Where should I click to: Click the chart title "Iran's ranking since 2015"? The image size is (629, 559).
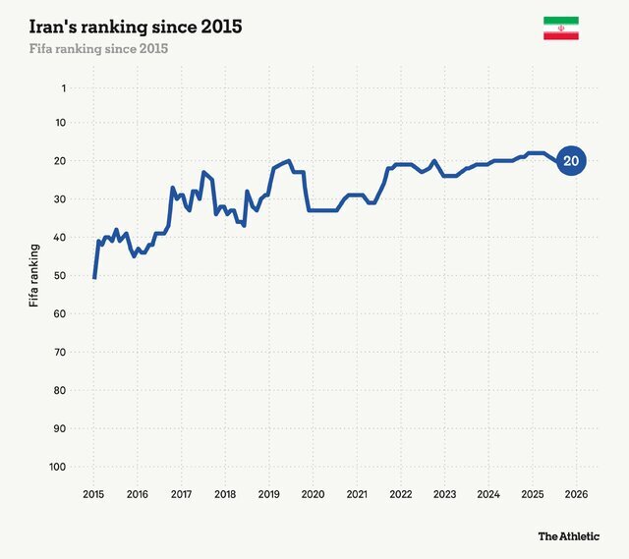pos(136,26)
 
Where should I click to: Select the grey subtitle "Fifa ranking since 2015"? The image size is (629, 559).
pos(98,48)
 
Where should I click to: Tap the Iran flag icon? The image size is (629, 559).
pos(560,28)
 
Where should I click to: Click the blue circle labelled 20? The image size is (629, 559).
pos(571,161)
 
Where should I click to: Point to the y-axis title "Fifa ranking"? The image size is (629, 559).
pos(35,275)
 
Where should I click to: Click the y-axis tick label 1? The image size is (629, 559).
pos(63,88)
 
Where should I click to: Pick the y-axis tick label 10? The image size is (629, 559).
pos(60,123)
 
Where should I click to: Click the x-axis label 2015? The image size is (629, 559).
pos(93,494)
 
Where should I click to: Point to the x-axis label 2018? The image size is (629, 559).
pos(225,494)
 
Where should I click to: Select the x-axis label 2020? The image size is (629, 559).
pos(313,494)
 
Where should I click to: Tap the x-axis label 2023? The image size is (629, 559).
pos(444,494)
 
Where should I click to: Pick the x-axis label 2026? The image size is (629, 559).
pos(576,494)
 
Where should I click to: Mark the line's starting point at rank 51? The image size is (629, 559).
pos(94,278)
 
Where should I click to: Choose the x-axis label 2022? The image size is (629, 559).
pos(400,494)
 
